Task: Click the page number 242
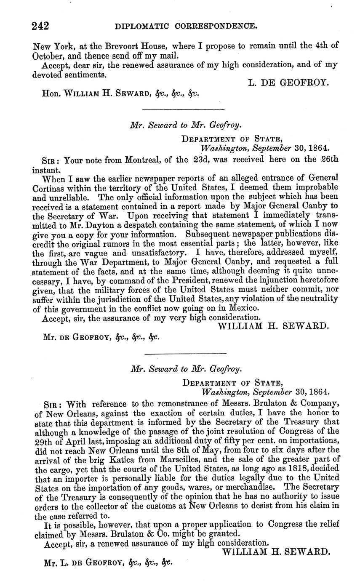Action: (41, 26)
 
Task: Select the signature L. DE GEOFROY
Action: (288, 83)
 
